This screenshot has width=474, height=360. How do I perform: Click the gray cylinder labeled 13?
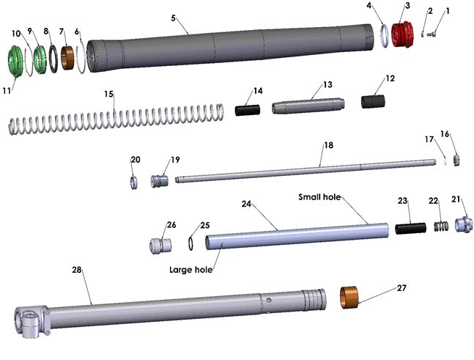pos(308,106)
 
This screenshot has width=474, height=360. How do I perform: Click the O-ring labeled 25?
pos(190,243)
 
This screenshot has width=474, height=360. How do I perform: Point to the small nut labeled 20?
pos(134,182)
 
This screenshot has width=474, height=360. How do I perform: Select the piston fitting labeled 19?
pos(159,180)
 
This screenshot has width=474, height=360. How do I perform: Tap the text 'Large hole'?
pos(190,270)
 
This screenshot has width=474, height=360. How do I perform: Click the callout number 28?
pos(76,271)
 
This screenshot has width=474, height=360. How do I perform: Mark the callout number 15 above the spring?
pos(108,94)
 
